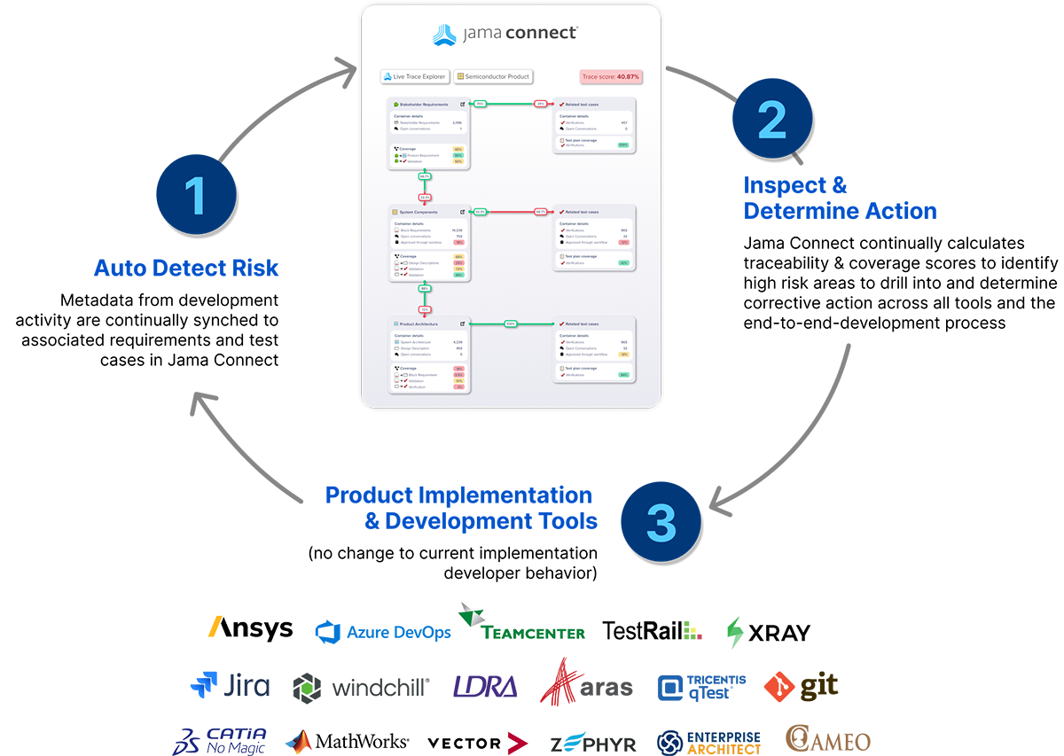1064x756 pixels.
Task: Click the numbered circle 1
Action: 195,194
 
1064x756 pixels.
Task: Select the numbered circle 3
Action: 661,520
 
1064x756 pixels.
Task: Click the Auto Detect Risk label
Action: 186,267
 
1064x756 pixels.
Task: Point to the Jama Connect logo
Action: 505,35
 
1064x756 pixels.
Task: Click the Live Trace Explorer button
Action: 415,77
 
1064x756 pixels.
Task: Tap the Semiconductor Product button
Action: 494,77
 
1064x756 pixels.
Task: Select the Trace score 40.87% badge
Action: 611,77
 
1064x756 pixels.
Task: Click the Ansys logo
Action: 250,628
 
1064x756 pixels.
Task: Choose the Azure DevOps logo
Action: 383,632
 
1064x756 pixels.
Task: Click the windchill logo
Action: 362,687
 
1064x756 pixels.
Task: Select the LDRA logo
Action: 485,687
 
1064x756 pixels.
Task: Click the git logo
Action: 801,686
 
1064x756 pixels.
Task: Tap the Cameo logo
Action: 828,740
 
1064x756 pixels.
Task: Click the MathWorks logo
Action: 347,742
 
